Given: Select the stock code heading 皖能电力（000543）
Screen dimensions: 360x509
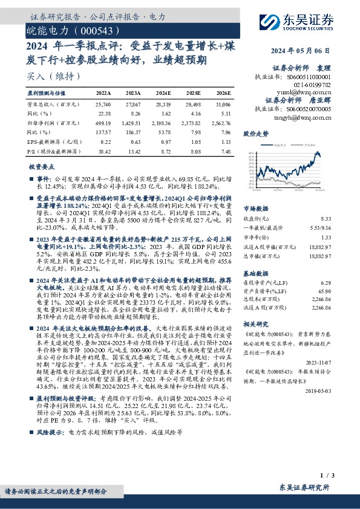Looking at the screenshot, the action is [x=68, y=28].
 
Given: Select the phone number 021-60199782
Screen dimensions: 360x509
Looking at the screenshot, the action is [x=315, y=85].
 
